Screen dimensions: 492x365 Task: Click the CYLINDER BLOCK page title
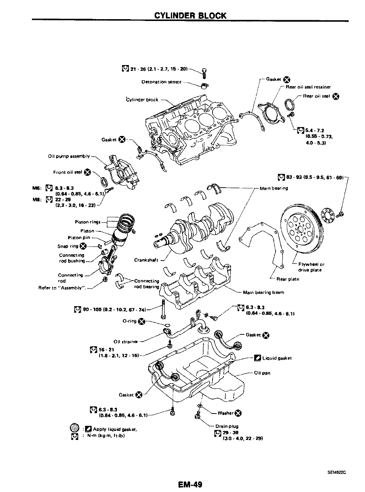pos(190,15)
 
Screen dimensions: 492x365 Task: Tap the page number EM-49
pos(190,484)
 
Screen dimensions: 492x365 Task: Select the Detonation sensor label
pos(161,82)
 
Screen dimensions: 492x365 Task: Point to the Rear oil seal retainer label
pos(308,87)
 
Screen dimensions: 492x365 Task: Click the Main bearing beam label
pos(263,292)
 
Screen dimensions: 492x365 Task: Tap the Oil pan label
pos(262,373)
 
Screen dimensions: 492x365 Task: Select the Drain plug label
pos(227,426)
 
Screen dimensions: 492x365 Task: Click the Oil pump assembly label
pos(69,157)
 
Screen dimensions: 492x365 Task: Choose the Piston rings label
pos(87,222)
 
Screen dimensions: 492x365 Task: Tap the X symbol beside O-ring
pos(142,321)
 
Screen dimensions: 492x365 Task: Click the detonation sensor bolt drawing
pos(204,72)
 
